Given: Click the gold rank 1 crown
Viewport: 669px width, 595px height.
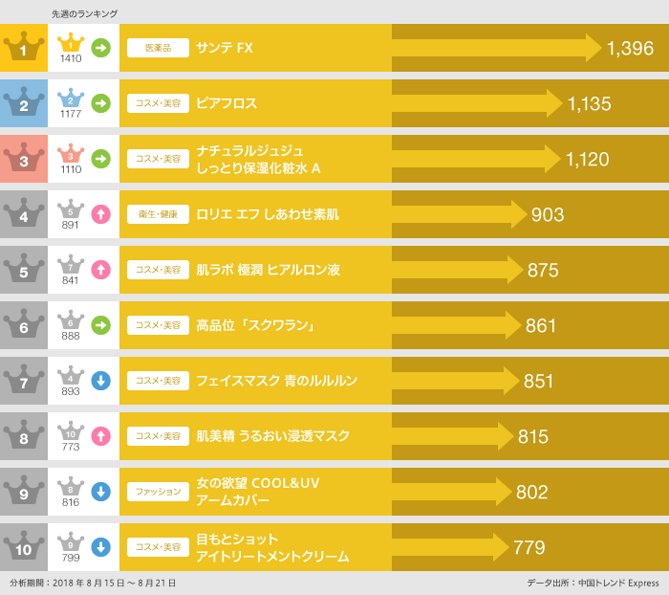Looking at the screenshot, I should point(24,47).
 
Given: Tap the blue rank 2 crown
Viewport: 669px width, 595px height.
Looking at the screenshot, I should point(24,102).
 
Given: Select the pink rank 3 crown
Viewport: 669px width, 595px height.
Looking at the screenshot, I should point(24,158).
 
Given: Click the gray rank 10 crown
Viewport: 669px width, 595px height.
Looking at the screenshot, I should point(24,547).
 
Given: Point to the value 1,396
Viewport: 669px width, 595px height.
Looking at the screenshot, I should point(630,48).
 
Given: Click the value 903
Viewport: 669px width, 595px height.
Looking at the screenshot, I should point(548,215).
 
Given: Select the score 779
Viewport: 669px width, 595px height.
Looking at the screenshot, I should point(529,548).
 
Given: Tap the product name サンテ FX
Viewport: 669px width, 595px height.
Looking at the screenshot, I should point(225,48).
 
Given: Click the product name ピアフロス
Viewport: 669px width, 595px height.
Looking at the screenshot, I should point(227,103).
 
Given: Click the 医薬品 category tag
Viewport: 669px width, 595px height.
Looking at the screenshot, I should point(158,48).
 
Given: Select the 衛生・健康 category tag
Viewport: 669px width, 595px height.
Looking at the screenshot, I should point(158,215).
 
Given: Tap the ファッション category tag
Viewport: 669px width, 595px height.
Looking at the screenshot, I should point(158,493).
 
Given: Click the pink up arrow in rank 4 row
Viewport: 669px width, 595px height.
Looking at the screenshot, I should point(100,214).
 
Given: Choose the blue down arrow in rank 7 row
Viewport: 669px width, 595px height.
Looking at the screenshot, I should point(100,381).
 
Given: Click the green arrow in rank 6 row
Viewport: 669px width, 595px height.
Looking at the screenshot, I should point(100,325).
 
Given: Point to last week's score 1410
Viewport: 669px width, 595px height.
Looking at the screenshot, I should point(71,58).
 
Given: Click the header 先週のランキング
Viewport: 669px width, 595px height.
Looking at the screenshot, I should point(84,13).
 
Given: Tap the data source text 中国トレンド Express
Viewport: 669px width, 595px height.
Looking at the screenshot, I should point(626,583).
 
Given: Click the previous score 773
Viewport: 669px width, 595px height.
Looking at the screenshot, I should point(71,447).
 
